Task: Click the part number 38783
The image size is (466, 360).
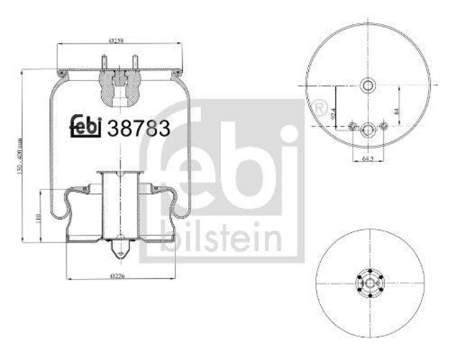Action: click(x=139, y=128)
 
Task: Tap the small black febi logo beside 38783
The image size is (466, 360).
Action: click(x=86, y=126)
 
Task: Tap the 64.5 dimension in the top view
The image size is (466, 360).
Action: click(x=367, y=158)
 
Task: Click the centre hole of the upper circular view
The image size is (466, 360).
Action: click(x=368, y=86)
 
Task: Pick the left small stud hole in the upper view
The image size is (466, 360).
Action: click(x=352, y=127)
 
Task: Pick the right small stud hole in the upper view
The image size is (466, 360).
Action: click(x=383, y=127)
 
